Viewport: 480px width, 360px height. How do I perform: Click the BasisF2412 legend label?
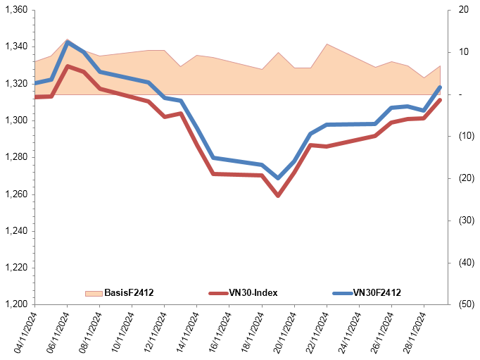(129, 292)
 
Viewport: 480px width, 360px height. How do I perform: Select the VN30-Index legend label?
(253, 292)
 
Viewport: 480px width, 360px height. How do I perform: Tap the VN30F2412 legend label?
(377, 292)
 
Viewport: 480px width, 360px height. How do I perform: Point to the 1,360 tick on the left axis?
(16, 10)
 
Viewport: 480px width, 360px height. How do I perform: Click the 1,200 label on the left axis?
(16, 304)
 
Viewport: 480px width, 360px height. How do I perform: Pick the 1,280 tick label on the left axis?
(16, 157)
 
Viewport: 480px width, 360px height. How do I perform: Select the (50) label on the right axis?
(467, 304)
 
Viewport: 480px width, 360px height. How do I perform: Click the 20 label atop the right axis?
(464, 10)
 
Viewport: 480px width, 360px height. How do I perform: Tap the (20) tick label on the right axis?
(467, 178)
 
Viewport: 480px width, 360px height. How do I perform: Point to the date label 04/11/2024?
(25, 333)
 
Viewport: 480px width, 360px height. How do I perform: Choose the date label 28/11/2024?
(414, 333)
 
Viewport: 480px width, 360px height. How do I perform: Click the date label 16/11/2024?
(220, 333)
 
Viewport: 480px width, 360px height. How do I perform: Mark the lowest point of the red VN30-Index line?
(278, 195)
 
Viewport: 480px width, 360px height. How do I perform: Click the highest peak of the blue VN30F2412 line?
(68, 42)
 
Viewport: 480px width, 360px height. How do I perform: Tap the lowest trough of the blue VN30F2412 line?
(278, 178)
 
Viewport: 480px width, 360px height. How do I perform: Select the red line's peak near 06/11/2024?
(68, 66)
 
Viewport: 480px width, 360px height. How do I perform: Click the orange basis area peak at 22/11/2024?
(327, 44)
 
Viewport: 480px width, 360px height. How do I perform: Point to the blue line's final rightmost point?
(440, 87)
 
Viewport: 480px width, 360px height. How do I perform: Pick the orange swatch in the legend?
(94, 293)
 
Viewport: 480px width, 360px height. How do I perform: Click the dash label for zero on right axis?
(460, 94)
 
